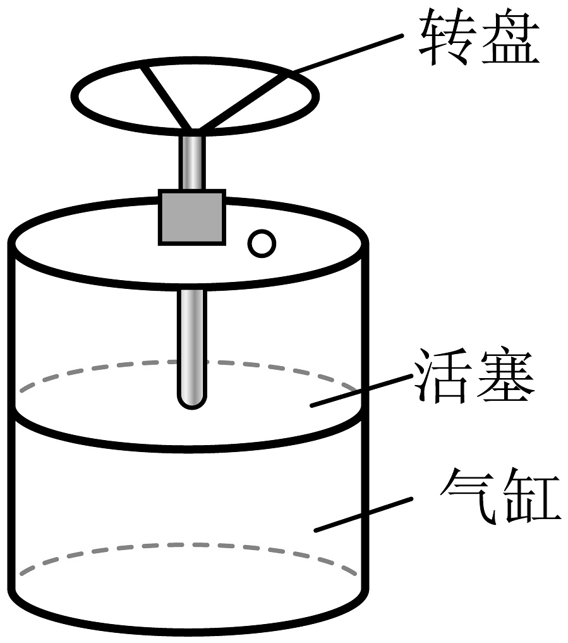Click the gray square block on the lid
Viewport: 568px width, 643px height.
tap(192, 217)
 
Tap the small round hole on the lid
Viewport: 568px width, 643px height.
tap(260, 243)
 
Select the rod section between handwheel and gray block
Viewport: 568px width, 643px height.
tap(192, 161)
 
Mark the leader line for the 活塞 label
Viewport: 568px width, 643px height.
tap(360, 391)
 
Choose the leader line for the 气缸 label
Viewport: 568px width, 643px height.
tap(360, 513)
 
